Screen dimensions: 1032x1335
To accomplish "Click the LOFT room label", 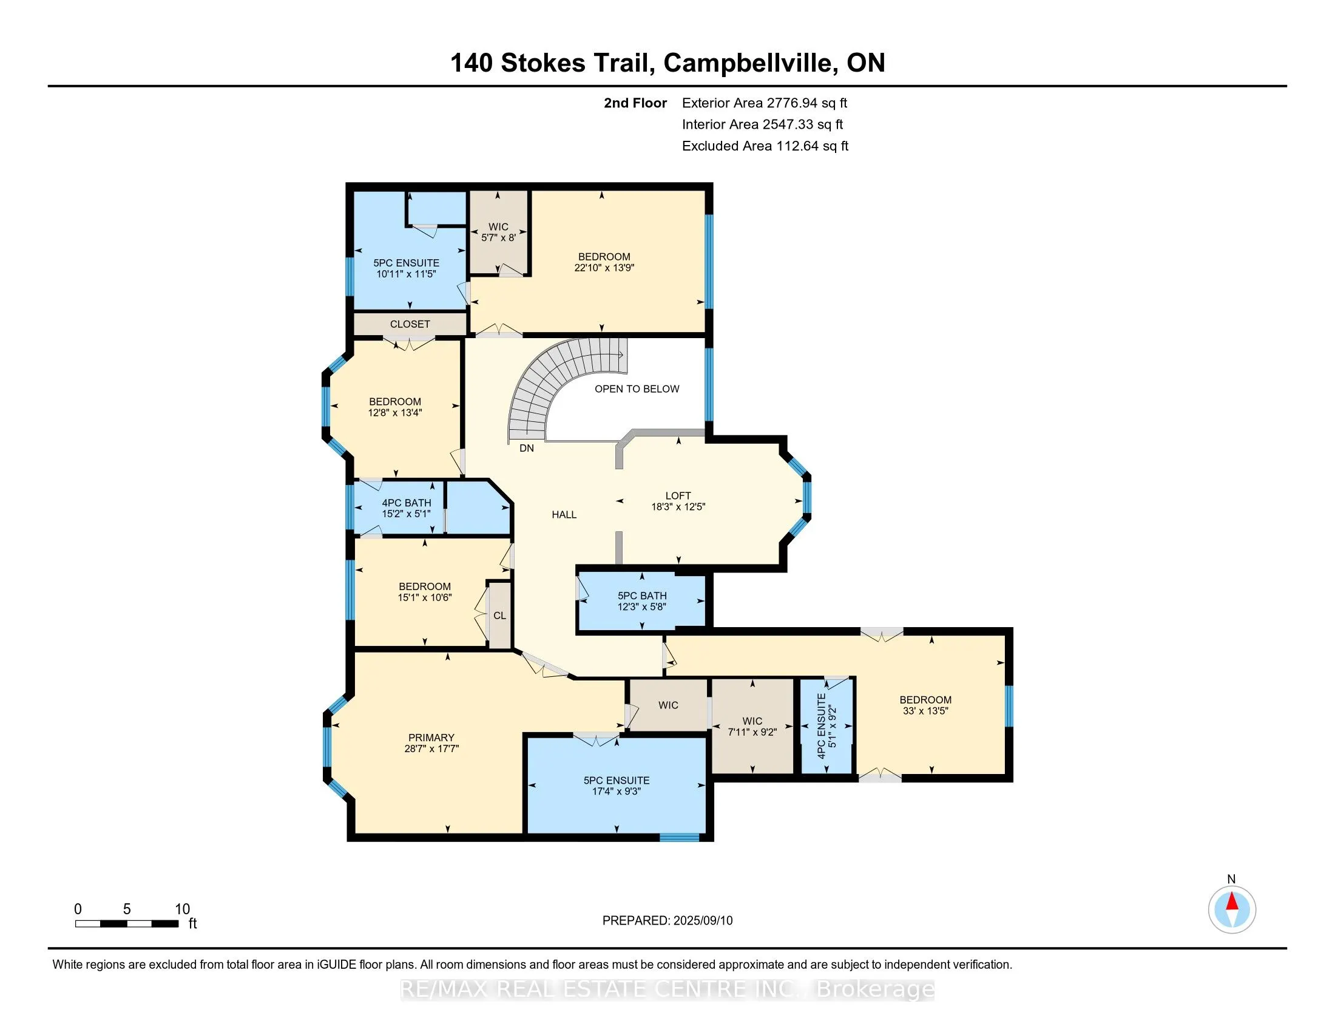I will (678, 495).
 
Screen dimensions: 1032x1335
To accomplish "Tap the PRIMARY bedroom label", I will (431, 738).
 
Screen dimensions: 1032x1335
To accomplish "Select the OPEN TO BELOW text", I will (637, 389).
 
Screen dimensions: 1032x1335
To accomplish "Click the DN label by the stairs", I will (526, 448).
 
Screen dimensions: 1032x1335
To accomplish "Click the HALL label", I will (564, 515).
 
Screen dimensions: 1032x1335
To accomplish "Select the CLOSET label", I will (410, 324).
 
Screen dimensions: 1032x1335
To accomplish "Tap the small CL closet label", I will (499, 616).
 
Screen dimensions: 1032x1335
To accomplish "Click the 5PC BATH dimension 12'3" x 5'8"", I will (642, 606).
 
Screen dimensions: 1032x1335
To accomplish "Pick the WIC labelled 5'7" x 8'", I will (498, 233).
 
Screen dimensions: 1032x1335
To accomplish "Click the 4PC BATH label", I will (407, 503).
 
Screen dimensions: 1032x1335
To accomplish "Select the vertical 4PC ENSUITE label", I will (822, 725).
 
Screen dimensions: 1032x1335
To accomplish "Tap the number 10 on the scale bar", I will (182, 909).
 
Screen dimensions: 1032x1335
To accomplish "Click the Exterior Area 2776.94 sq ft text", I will (764, 103).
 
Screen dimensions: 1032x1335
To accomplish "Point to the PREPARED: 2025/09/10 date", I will (667, 921).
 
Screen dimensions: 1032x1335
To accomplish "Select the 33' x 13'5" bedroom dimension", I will (925, 711).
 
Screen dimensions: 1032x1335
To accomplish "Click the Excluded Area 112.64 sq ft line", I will (765, 146).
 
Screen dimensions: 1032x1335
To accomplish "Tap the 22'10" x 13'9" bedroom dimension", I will (604, 268).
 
